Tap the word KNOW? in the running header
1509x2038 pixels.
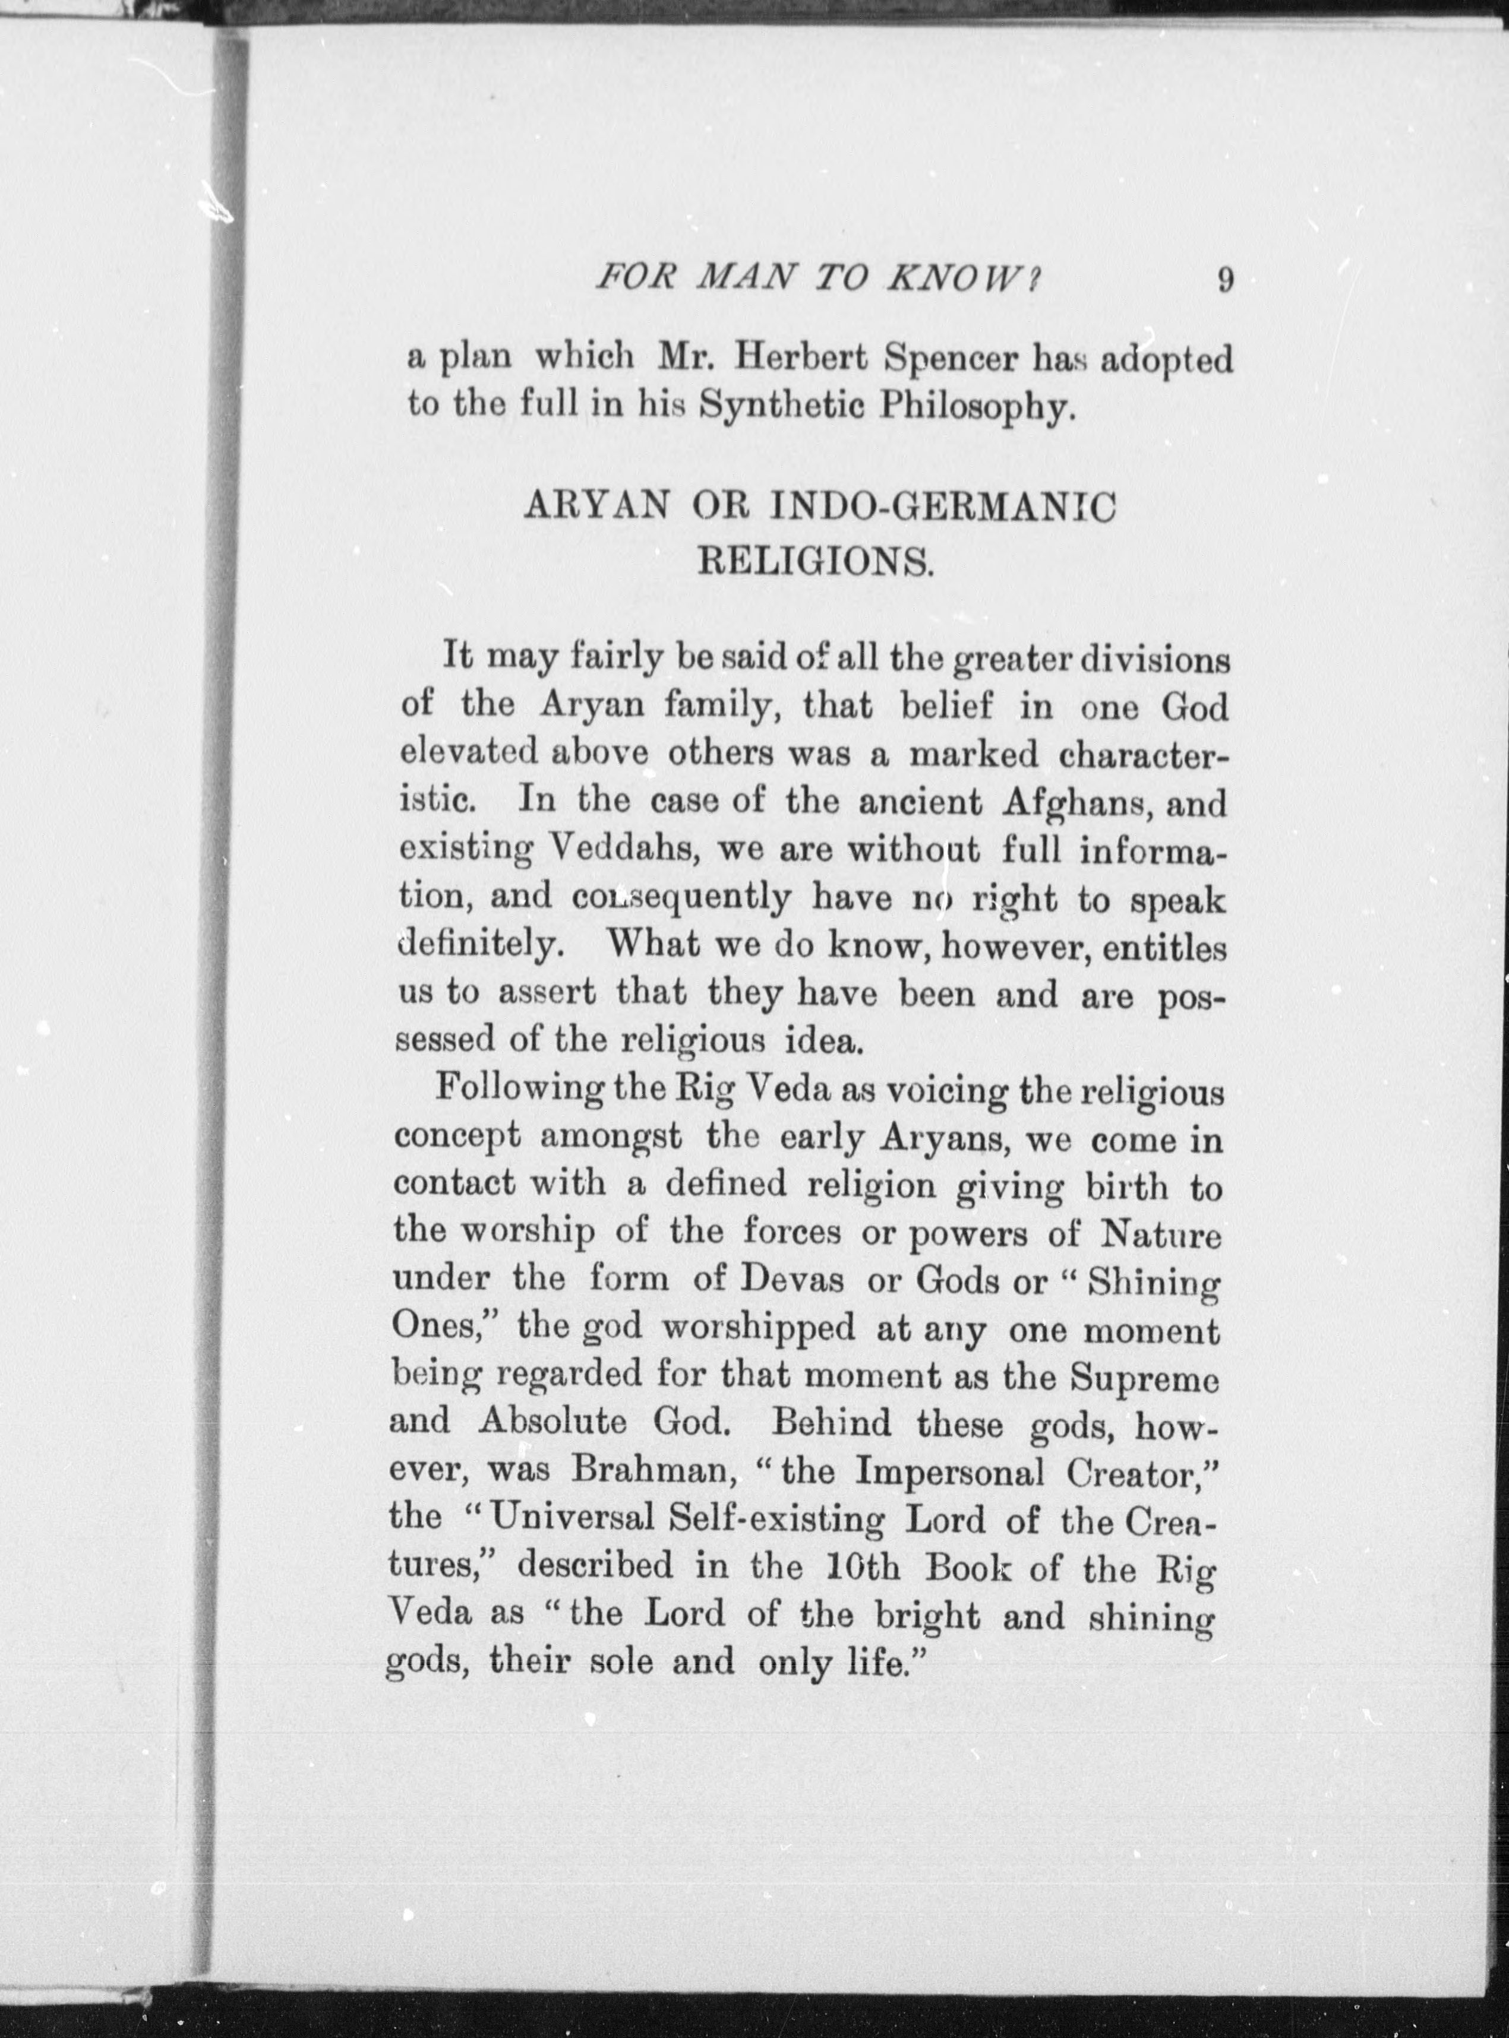click(x=963, y=277)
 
